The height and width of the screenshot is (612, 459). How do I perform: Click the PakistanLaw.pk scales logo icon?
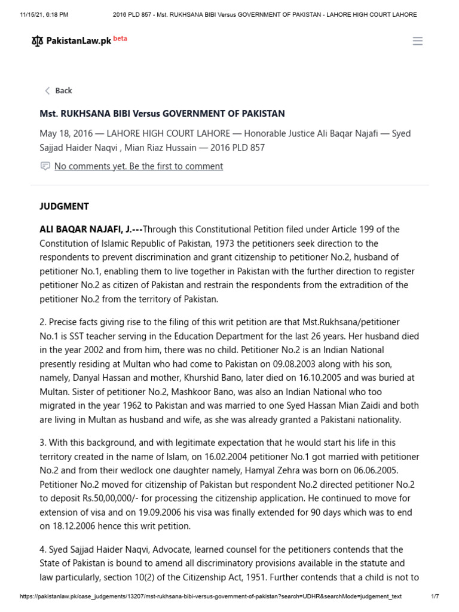[x=37, y=41]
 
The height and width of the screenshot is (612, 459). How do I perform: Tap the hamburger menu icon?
[x=418, y=41]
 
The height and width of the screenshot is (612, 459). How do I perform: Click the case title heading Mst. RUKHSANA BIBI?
[x=162, y=114]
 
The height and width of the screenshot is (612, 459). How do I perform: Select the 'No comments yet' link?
[x=138, y=166]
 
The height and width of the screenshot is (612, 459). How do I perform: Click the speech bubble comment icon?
[x=45, y=166]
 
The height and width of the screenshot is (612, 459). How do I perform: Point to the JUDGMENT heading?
[x=64, y=206]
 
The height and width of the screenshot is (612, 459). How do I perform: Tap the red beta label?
[x=120, y=39]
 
